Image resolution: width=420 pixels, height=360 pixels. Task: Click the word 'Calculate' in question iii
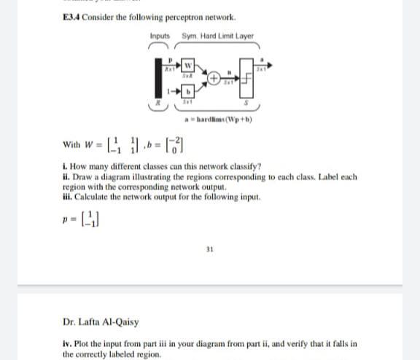90,200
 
